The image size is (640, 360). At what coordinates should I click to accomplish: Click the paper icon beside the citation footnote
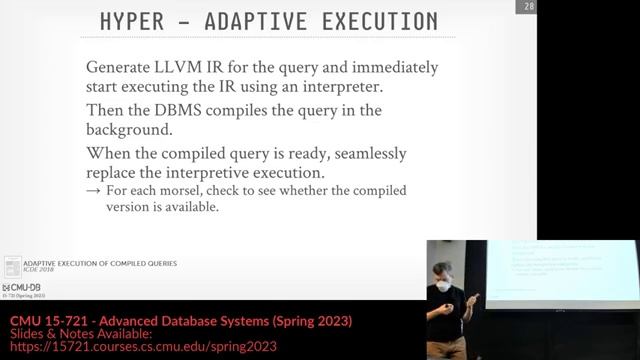point(12,266)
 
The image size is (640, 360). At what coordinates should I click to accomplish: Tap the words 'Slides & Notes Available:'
point(67,333)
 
